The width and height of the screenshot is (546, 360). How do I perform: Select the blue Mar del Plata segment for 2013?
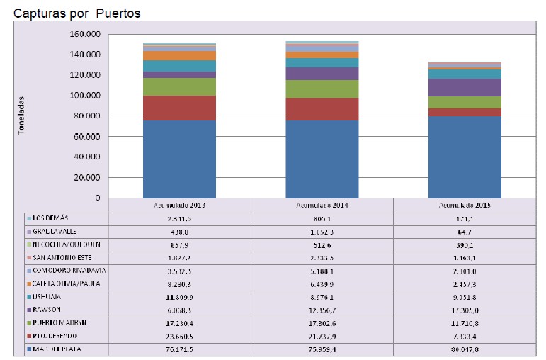click(x=179, y=159)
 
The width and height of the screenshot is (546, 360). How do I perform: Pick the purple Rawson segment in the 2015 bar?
click(x=465, y=87)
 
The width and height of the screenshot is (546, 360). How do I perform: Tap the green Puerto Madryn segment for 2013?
click(x=179, y=86)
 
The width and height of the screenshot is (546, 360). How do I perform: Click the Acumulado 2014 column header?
click(x=322, y=205)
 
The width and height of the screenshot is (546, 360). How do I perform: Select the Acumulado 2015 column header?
click(x=465, y=205)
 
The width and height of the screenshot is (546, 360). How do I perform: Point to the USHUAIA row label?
click(x=49, y=298)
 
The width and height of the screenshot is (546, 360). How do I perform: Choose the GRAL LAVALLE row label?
click(x=55, y=231)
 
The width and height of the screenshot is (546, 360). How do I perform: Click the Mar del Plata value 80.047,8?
click(x=465, y=349)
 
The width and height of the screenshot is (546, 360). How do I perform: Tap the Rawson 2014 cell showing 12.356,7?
click(x=322, y=309)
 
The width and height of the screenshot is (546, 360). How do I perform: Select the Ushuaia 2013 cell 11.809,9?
click(x=179, y=298)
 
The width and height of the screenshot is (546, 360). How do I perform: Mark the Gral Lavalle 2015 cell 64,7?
click(x=465, y=231)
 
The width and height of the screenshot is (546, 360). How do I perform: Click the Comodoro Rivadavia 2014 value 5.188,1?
click(x=322, y=271)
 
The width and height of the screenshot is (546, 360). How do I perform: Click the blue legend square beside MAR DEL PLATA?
click(x=28, y=349)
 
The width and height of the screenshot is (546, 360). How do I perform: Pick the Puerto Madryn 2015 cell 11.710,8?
click(x=465, y=322)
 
